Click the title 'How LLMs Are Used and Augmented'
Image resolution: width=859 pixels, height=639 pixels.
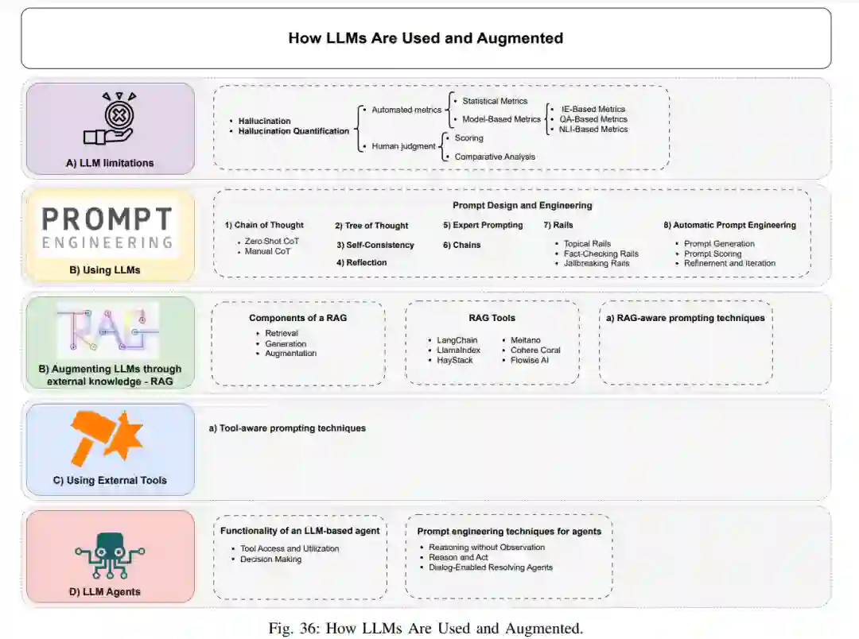point(426,38)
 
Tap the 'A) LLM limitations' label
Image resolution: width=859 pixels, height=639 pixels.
point(110,163)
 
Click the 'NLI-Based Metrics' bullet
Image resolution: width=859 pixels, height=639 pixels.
point(593,129)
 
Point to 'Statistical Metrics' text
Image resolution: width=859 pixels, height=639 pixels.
point(495,101)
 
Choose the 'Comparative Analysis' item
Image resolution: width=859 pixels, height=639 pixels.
point(495,157)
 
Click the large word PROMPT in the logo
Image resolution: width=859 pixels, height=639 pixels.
point(107,219)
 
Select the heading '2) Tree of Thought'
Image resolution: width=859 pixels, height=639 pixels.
point(371,226)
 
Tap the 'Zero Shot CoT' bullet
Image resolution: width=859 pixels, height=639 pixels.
point(272,241)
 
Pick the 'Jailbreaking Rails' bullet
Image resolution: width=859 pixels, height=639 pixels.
point(596,263)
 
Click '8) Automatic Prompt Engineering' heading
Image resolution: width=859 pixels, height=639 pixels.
point(729,225)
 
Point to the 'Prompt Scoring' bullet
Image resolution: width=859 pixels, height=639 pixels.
point(713,254)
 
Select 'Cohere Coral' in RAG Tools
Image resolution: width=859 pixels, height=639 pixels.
point(535,350)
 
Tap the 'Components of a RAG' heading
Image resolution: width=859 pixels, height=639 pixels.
point(297,318)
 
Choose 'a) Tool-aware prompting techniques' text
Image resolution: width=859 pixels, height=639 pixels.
point(287,428)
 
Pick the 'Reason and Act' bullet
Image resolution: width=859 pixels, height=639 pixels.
point(458,557)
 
